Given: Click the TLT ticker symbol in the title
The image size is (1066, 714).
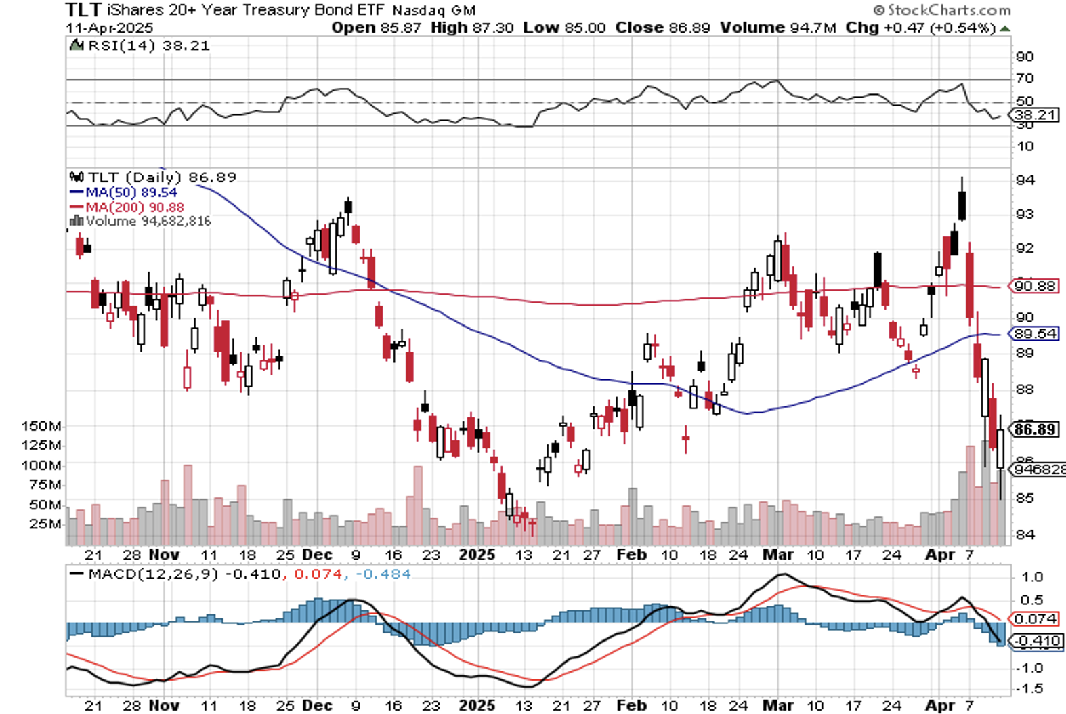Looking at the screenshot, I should click(x=83, y=9).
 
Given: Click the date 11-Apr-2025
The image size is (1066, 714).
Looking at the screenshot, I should click(x=110, y=28).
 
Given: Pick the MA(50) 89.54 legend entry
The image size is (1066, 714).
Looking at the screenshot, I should click(x=131, y=192).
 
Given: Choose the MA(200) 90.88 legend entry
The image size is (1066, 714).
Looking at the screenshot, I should click(x=134, y=207).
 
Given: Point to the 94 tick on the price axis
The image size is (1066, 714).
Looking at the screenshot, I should click(x=1024, y=180).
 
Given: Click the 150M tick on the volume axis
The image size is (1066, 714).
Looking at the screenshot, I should click(x=41, y=426).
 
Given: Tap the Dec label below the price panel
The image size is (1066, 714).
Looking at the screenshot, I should click(x=317, y=555).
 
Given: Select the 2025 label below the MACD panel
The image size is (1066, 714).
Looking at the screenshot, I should click(x=477, y=705).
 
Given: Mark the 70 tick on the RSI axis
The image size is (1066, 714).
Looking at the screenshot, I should click(x=1025, y=79).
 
